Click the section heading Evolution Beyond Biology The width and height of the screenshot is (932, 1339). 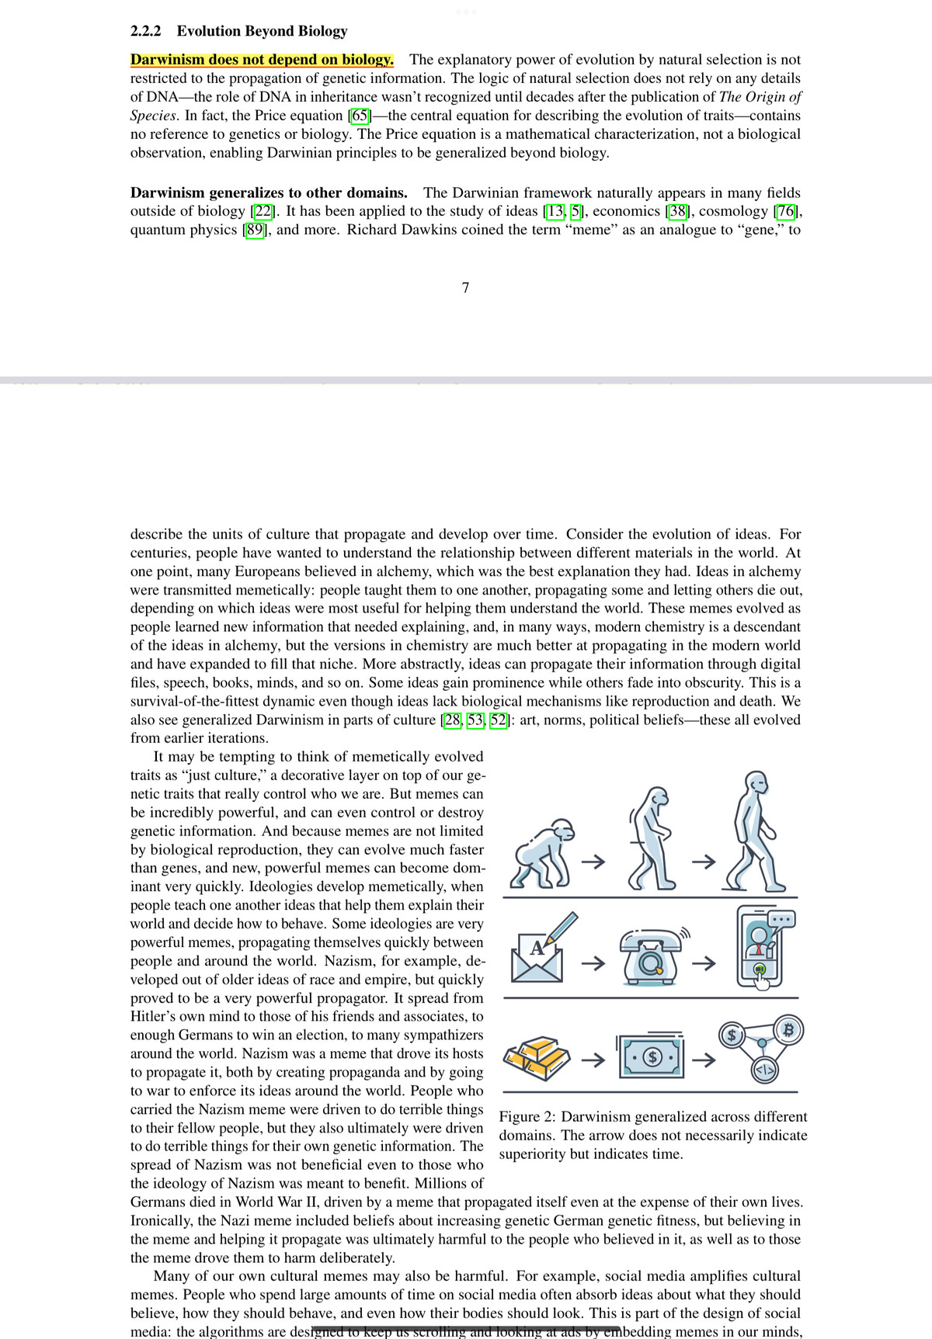pos(262,31)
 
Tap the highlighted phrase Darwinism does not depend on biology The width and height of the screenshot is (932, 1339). pos(262,60)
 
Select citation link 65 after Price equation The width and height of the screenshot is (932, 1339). pos(360,116)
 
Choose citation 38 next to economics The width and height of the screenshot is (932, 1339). pos(677,211)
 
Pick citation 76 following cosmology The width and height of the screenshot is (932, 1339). pos(786,211)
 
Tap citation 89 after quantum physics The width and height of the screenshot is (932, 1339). pos(255,230)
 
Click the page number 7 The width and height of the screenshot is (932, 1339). pos(465,288)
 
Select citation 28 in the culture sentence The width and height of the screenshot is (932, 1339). pos(452,720)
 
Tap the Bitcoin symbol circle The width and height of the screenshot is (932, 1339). pos(789,1031)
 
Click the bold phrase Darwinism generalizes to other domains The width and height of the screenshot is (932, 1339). pos(269,193)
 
